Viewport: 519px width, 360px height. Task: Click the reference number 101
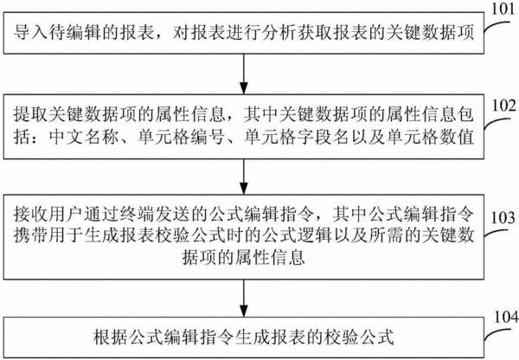tap(503, 9)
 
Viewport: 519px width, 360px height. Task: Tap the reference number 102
tap(503, 106)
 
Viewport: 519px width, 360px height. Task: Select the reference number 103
tap(503, 217)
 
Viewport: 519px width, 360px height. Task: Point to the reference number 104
tap(506, 317)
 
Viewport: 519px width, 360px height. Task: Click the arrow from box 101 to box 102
tap(244, 74)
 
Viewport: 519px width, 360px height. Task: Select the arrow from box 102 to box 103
tap(244, 177)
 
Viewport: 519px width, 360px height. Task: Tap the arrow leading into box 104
tap(244, 299)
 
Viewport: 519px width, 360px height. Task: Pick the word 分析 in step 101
tap(279, 33)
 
